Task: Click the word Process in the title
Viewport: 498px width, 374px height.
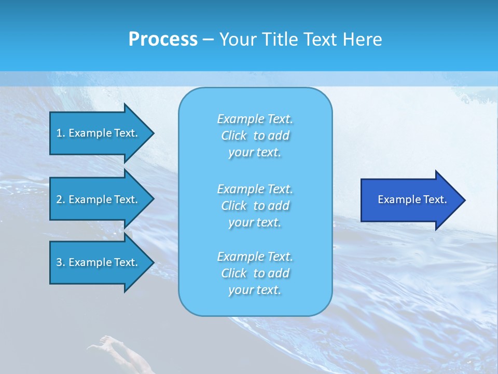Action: [x=163, y=39]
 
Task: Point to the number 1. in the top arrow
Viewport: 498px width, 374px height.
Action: [x=61, y=133]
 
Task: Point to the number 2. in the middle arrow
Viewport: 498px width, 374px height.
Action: [x=61, y=199]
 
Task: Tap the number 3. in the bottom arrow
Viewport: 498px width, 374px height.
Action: [x=61, y=262]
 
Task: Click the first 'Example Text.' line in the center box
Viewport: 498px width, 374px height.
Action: [x=255, y=119]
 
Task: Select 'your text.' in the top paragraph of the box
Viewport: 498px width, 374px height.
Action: [x=255, y=153]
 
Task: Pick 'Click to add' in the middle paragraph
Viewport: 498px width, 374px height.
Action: [x=255, y=206]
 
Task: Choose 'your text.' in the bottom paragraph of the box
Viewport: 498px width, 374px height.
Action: [x=255, y=290]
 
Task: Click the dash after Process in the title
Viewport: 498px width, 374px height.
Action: [x=208, y=39]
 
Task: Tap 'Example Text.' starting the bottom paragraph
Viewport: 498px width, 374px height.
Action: [x=255, y=257]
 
